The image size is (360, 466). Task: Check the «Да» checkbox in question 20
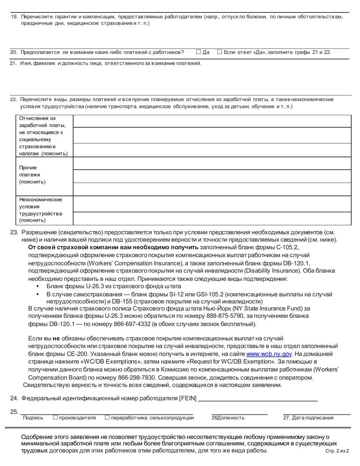(198, 52)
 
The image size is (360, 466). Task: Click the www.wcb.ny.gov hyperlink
(269, 354)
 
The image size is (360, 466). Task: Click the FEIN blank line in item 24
(258, 399)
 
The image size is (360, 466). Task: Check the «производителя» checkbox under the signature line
(55, 418)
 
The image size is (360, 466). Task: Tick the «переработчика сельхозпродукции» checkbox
(107, 418)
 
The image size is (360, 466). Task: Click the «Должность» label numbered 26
(228, 418)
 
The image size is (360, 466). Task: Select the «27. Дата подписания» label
(308, 418)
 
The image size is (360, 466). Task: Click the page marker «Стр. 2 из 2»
(337, 451)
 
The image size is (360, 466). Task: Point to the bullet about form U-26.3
(114, 286)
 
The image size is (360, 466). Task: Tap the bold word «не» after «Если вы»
(56, 338)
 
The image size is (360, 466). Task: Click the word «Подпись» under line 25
(33, 418)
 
